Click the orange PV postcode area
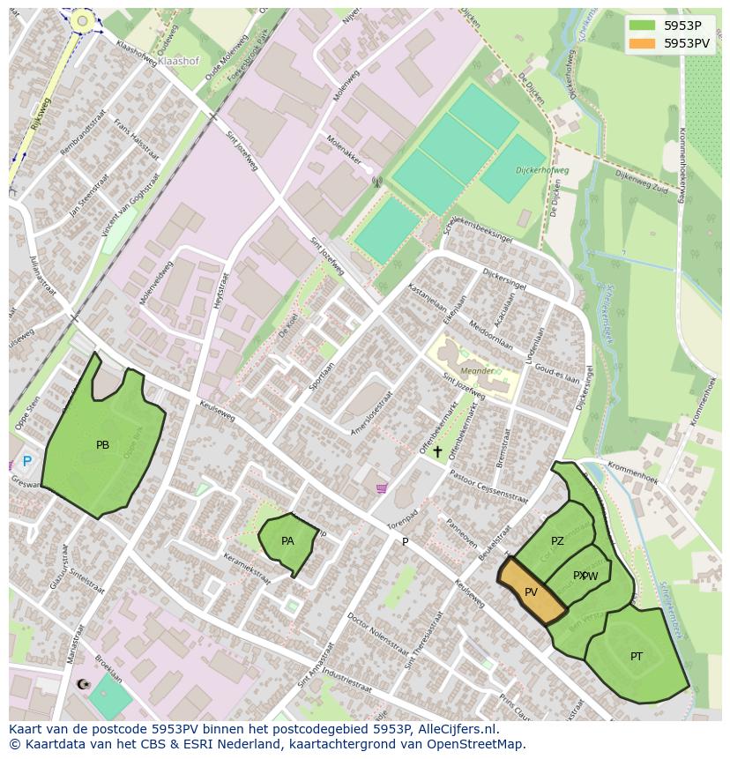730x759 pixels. [x=532, y=592]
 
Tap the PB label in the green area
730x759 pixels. [x=103, y=445]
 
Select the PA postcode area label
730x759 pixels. [x=287, y=541]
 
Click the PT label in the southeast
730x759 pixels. [x=637, y=657]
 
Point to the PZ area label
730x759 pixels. [x=557, y=541]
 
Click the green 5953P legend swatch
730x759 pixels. [x=643, y=26]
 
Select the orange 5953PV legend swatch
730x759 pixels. [x=643, y=43]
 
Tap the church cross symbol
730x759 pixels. [x=437, y=451]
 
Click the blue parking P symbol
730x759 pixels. [x=26, y=461]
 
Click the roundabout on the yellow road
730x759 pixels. [x=83, y=19]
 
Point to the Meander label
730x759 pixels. [x=477, y=372]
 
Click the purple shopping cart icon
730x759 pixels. [x=381, y=488]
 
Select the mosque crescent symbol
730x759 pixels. [x=84, y=684]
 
